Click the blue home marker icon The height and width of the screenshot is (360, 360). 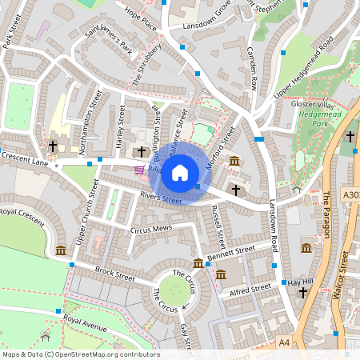[x=180, y=172]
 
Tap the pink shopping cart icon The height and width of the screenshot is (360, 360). [x=139, y=170]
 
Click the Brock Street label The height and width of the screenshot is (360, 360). [x=114, y=274]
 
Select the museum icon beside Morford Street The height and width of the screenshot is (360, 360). [x=234, y=162]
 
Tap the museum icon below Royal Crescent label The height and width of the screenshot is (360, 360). [x=61, y=251]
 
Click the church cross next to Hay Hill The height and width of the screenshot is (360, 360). [x=302, y=294]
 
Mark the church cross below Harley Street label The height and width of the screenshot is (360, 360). [x=142, y=151]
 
